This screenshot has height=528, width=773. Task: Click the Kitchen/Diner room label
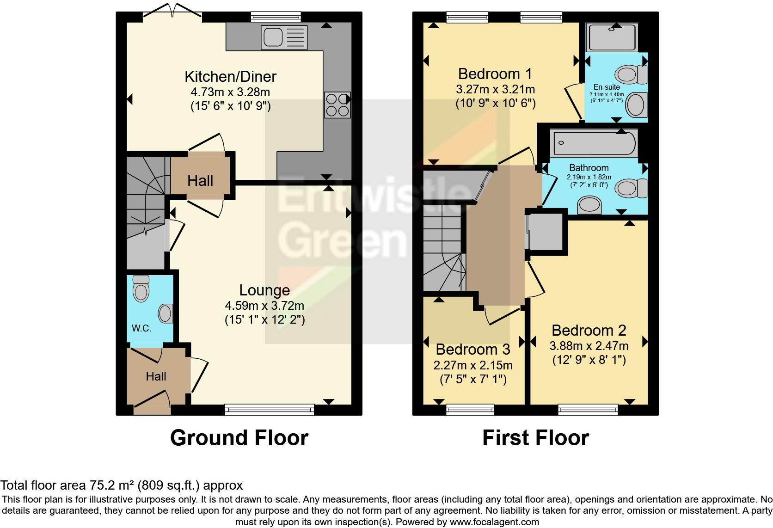tap(230, 76)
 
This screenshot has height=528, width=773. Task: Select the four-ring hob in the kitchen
tap(337, 105)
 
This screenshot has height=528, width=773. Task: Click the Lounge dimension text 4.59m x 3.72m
tap(264, 306)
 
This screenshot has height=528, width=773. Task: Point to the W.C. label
tap(141, 328)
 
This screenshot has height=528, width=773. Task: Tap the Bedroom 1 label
tap(495, 74)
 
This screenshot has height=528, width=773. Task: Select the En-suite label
tap(607, 87)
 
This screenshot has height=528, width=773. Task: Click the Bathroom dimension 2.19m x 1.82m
tap(589, 177)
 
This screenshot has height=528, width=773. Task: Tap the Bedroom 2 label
tap(589, 330)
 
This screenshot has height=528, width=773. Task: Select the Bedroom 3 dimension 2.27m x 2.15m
tap(472, 365)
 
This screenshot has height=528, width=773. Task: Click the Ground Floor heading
tap(239, 437)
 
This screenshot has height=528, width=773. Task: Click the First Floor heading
tap(535, 437)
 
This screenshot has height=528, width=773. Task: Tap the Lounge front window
tap(269, 409)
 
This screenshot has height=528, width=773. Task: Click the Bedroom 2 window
tap(588, 409)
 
